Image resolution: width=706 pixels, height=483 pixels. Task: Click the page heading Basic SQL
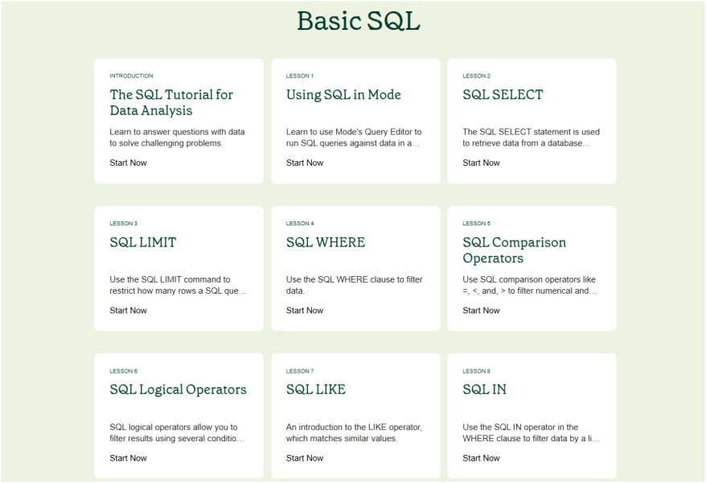point(359,21)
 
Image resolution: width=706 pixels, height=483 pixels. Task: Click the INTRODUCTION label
point(131,76)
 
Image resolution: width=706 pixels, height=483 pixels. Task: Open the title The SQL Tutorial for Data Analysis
point(171,102)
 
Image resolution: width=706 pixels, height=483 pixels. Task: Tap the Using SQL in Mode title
point(343,95)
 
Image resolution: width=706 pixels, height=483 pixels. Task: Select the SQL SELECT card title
point(503,95)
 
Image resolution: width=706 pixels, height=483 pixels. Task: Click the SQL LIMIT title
point(143,242)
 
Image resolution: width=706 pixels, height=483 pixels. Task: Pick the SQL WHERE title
point(326,242)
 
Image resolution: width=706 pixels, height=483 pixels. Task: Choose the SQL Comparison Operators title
point(514,250)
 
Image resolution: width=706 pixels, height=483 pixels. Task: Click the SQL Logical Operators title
point(178,390)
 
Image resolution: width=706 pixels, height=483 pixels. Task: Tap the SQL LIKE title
point(316,390)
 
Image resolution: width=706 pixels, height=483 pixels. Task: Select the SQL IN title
point(485,390)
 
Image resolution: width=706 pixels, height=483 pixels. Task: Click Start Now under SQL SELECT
point(481,163)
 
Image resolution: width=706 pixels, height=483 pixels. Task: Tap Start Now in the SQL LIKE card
point(305,458)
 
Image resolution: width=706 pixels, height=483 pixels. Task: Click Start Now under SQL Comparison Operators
point(481,311)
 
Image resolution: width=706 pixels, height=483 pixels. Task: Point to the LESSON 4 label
point(300,224)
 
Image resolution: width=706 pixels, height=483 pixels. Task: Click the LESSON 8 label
point(476,371)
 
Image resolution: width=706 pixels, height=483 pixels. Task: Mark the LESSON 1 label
point(300,76)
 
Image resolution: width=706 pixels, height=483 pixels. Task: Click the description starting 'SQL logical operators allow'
point(177,432)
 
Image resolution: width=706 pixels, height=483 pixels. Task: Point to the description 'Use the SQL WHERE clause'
point(355,285)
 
